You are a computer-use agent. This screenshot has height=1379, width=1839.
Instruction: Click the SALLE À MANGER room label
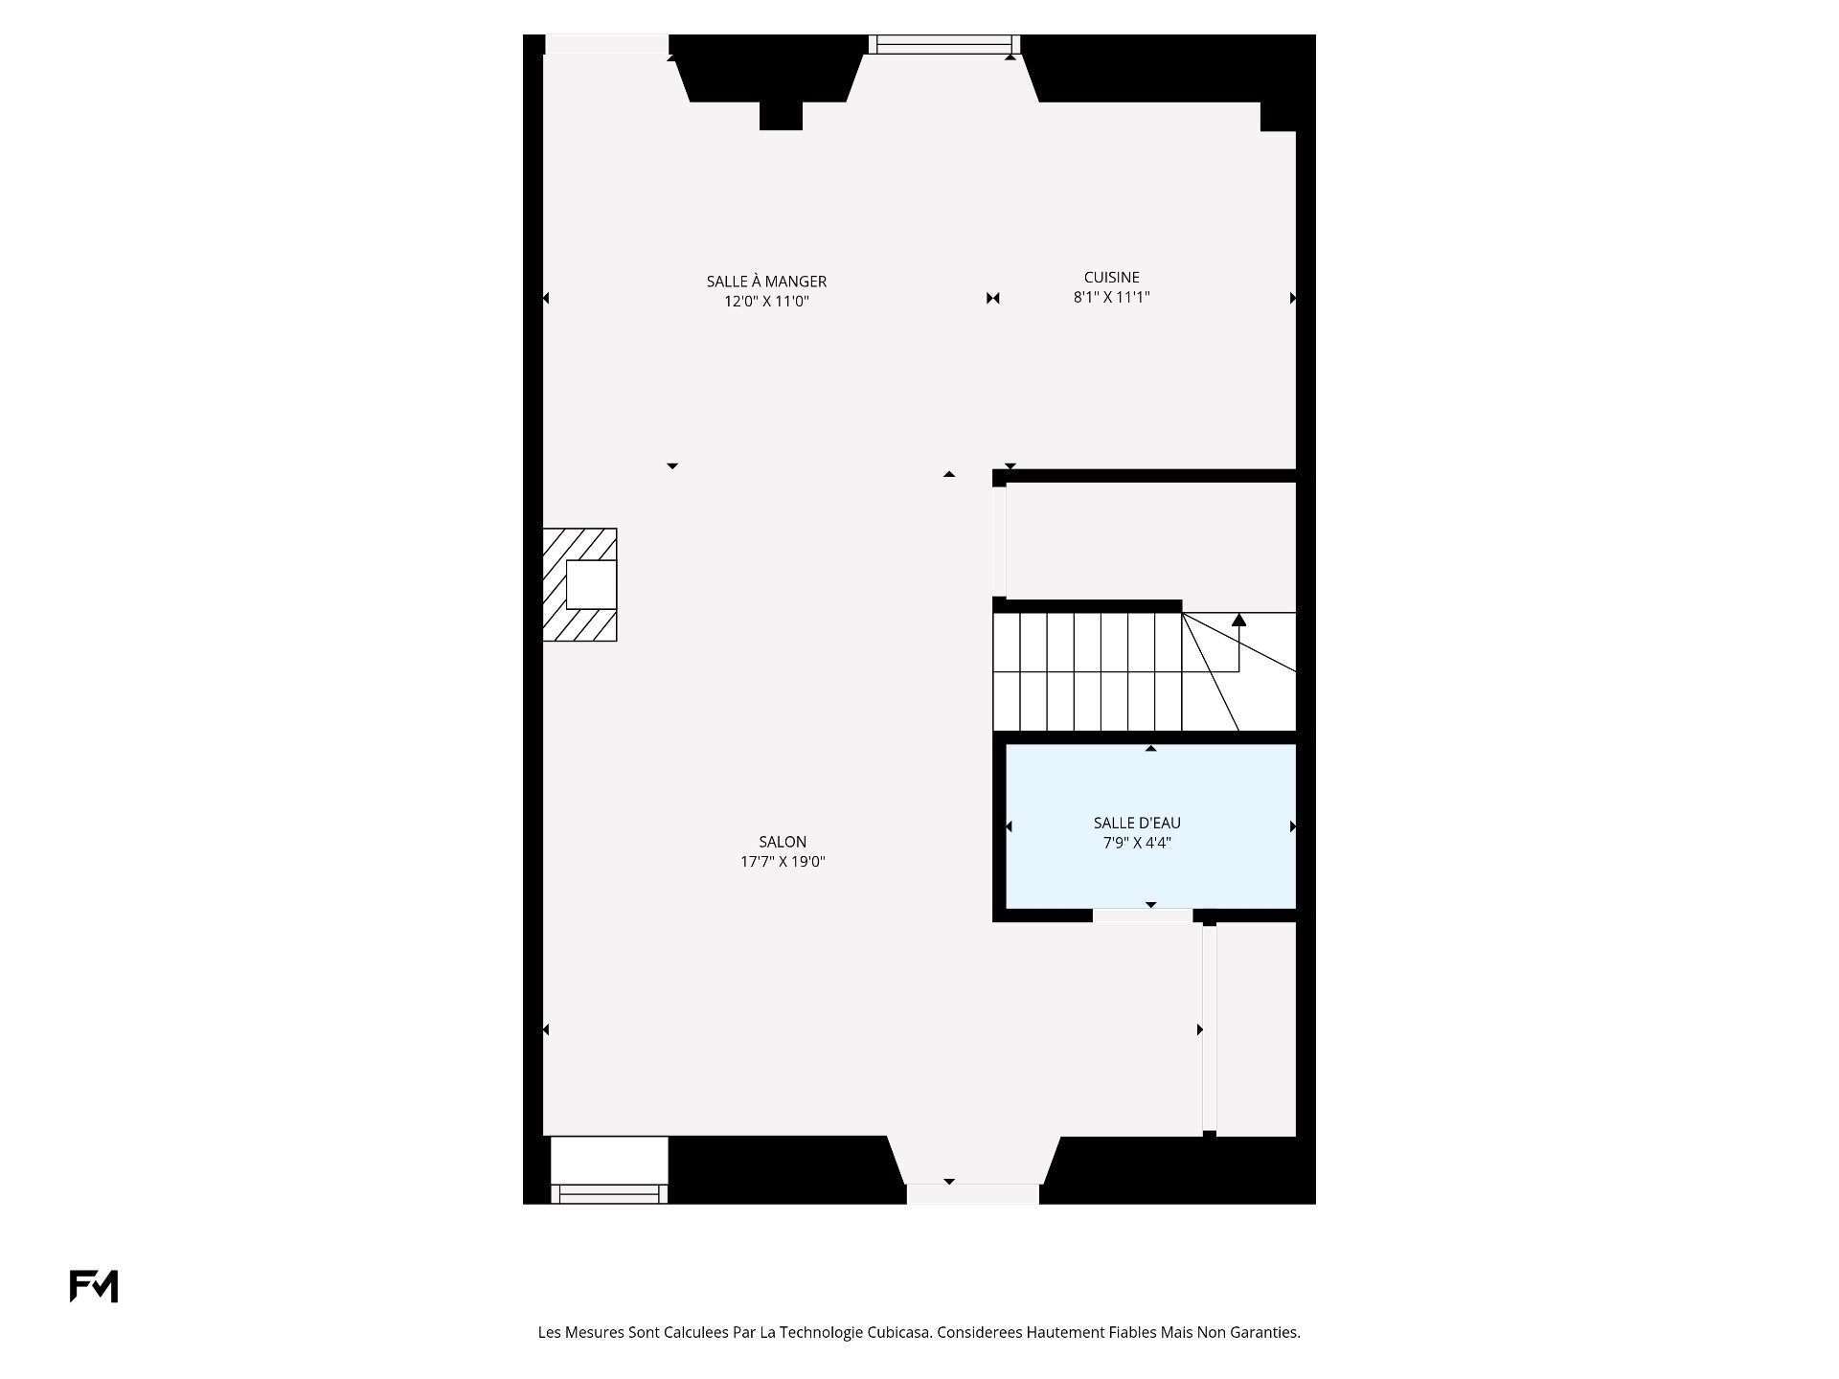[766, 282]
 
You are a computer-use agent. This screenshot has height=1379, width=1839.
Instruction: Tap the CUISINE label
[1111, 278]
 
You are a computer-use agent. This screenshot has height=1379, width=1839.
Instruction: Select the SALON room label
[783, 842]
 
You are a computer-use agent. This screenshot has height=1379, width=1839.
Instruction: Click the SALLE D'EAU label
[1137, 823]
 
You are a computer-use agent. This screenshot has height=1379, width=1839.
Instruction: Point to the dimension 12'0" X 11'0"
[766, 301]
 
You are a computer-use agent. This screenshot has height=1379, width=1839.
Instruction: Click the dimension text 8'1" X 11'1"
[1111, 297]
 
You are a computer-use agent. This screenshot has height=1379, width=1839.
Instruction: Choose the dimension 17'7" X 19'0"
[783, 861]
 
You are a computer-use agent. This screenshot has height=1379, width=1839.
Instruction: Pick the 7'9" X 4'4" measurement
[1137, 843]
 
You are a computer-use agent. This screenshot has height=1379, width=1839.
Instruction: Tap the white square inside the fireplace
[591, 584]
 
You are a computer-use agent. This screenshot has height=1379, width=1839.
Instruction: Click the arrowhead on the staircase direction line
[1238, 620]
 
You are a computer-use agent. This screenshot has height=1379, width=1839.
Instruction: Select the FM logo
[94, 1286]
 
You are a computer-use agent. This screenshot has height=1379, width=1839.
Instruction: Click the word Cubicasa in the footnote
[899, 1332]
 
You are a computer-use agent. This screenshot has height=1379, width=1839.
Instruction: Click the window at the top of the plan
[944, 44]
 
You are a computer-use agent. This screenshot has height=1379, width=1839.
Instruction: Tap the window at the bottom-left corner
[608, 1193]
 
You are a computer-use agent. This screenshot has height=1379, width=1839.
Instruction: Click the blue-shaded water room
[1150, 825]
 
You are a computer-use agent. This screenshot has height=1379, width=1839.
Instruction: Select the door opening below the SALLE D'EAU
[1143, 916]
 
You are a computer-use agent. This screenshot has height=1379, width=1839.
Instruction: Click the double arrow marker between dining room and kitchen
[993, 298]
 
